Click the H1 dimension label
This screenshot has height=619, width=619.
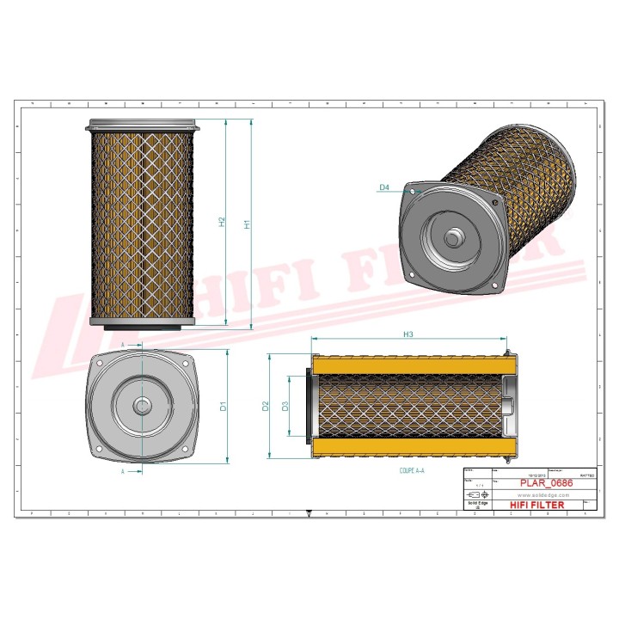[247, 224]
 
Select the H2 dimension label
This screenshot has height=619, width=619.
[222, 223]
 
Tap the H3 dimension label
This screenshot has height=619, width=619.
[408, 334]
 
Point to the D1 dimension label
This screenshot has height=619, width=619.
[223, 406]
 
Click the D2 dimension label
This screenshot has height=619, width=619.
[266, 405]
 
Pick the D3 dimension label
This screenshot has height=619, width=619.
[285, 405]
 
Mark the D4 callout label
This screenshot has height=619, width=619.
[384, 187]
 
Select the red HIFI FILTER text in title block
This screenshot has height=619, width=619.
[537, 506]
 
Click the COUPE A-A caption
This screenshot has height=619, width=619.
[413, 473]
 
